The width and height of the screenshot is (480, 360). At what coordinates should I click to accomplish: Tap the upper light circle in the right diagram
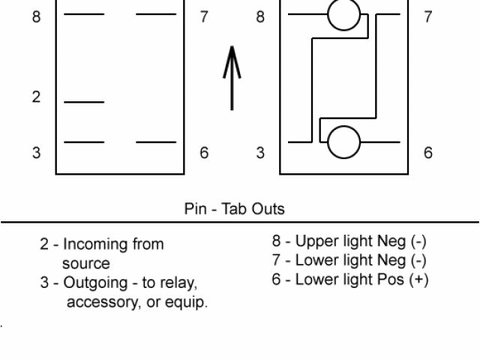pyautogui.click(x=344, y=14)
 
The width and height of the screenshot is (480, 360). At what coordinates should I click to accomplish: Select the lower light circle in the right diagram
pyautogui.click(x=344, y=142)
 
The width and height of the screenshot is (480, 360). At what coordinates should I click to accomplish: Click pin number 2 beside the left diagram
pyautogui.click(x=36, y=98)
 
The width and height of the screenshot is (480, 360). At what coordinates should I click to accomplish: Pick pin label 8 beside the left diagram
pyautogui.click(x=36, y=16)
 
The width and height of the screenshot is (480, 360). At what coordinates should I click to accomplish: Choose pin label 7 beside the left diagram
pyautogui.click(x=204, y=16)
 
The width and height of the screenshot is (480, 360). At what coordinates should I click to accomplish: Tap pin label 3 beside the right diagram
pyautogui.click(x=260, y=153)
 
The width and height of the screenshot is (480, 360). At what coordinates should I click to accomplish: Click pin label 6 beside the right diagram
pyautogui.click(x=428, y=153)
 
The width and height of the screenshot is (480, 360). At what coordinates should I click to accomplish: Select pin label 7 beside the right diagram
pyautogui.click(x=428, y=16)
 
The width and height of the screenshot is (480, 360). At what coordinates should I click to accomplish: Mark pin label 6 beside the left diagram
pyautogui.click(x=204, y=153)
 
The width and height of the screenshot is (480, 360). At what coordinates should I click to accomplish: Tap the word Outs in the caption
pyautogui.click(x=268, y=208)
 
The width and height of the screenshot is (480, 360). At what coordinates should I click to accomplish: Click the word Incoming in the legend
pyautogui.click(x=96, y=244)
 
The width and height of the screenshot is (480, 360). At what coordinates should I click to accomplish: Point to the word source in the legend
pyautogui.click(x=85, y=264)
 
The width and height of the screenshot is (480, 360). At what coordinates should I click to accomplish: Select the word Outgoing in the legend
pyautogui.click(x=96, y=283)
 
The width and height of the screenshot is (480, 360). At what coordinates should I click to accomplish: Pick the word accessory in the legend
pyautogui.click(x=100, y=303)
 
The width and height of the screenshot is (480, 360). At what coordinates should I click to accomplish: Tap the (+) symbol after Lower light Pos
pyautogui.click(x=418, y=280)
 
